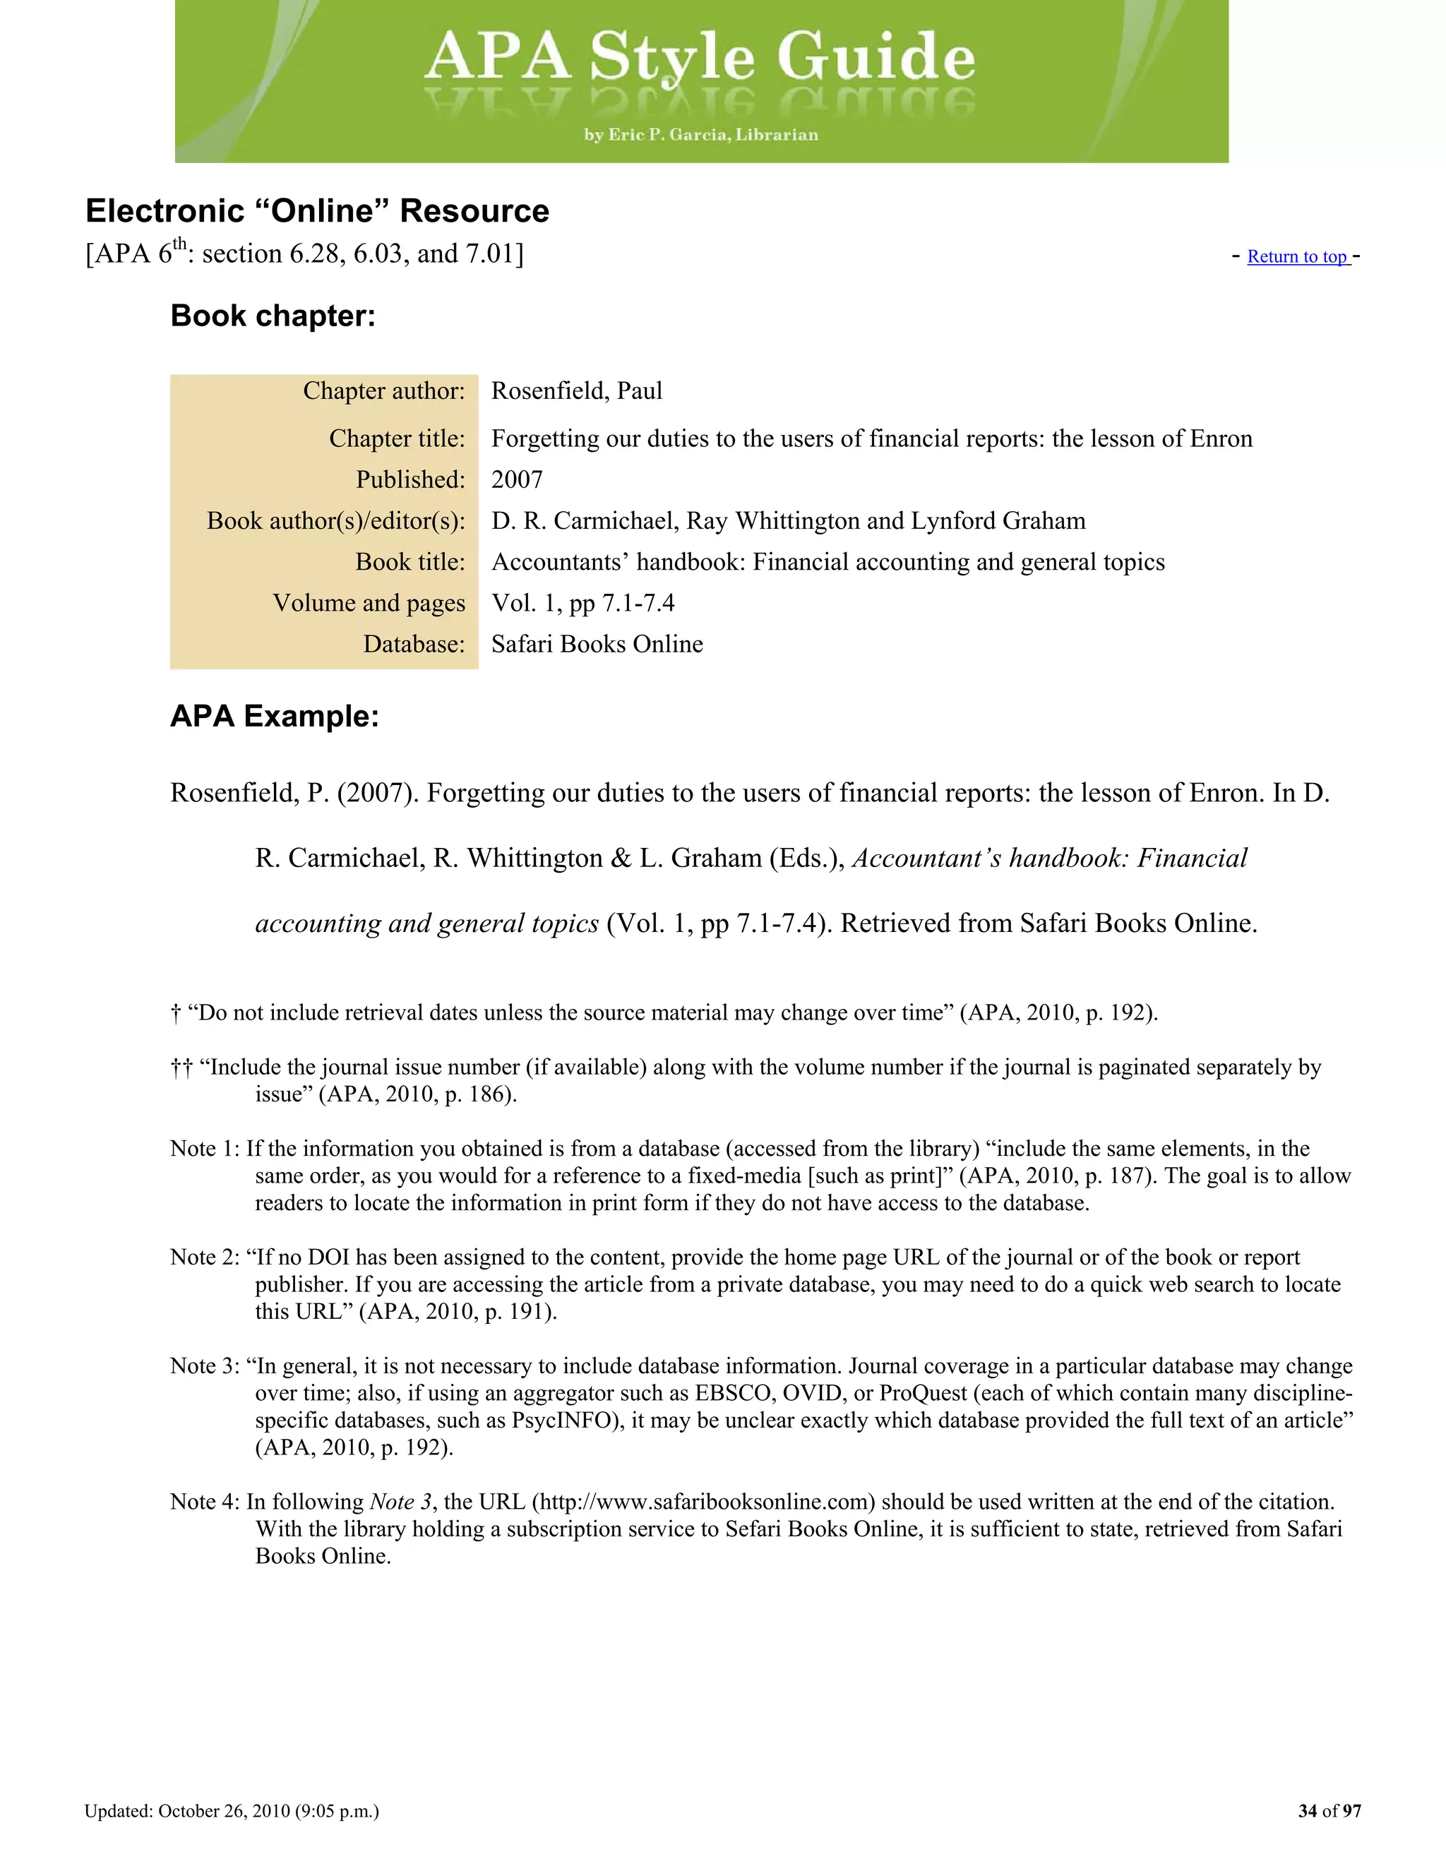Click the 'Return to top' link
pyautogui.click(x=1297, y=257)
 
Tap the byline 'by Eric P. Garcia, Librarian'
pyautogui.click(x=700, y=134)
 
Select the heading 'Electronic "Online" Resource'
pyautogui.click(x=317, y=210)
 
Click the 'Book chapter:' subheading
pyautogui.click(x=273, y=316)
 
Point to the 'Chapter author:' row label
pyautogui.click(x=384, y=390)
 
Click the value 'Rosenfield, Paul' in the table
pyautogui.click(x=577, y=390)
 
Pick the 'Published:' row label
pyautogui.click(x=410, y=479)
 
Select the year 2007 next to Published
pyautogui.click(x=517, y=479)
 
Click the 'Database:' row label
pyautogui.click(x=414, y=644)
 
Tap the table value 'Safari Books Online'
pyautogui.click(x=597, y=644)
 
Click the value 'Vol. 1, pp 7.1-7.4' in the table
pyautogui.click(x=582, y=603)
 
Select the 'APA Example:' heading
pyautogui.click(x=274, y=716)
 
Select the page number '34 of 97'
pyautogui.click(x=1329, y=1811)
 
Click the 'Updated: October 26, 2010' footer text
pyautogui.click(x=232, y=1811)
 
